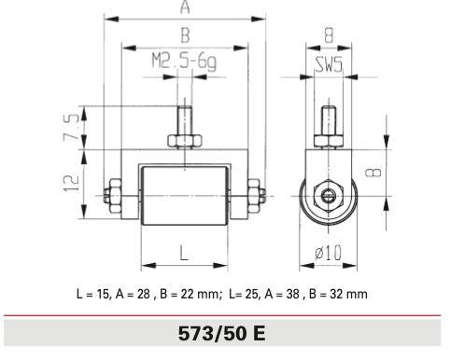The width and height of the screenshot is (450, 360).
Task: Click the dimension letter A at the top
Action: [185, 7]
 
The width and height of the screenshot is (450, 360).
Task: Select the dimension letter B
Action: [185, 35]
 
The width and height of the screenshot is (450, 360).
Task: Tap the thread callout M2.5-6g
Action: [184, 62]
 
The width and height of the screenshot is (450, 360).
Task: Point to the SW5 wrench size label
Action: [329, 64]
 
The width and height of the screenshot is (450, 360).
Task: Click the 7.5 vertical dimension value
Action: [72, 127]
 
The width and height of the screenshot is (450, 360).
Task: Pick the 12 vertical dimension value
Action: [72, 183]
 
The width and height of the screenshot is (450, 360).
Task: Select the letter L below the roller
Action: [184, 253]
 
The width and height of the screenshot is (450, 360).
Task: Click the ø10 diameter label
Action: [329, 252]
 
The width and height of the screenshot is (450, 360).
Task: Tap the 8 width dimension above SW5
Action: [329, 35]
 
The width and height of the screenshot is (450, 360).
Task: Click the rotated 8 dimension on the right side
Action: [373, 173]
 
